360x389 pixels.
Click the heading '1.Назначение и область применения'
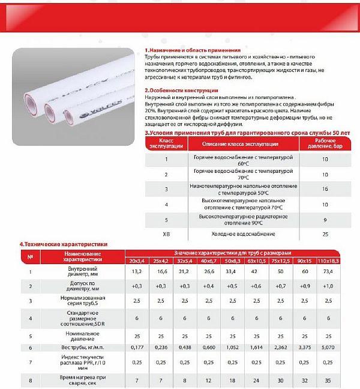tap(193, 50)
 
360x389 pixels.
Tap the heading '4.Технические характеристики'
tap(63, 244)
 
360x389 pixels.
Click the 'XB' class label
tap(166, 233)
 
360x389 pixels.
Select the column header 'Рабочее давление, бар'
tap(325, 144)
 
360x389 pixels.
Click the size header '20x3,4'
tap(137, 261)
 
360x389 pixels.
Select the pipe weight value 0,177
tap(137, 347)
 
